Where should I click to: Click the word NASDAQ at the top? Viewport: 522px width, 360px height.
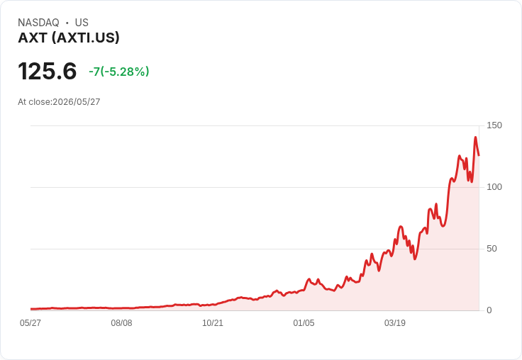pyautogui.click(x=38, y=23)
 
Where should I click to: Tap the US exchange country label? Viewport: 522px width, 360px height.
pyautogui.click(x=82, y=23)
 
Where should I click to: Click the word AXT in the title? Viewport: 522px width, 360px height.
pyautogui.click(x=33, y=38)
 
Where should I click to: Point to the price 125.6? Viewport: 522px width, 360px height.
pyautogui.click(x=48, y=71)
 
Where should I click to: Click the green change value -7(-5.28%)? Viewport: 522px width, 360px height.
pyautogui.click(x=119, y=72)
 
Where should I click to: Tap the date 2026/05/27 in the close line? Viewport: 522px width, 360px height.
pyautogui.click(x=76, y=102)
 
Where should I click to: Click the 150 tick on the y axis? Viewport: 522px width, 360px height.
pyautogui.click(x=494, y=125)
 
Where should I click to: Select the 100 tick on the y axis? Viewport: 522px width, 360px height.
pyautogui.click(x=494, y=187)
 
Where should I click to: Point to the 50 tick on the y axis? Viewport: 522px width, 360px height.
pyautogui.click(x=492, y=249)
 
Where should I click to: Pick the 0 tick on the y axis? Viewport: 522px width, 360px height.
pyautogui.click(x=489, y=310)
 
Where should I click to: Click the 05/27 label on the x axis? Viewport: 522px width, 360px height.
pyautogui.click(x=30, y=323)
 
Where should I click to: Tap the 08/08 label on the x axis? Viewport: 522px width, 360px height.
pyautogui.click(x=121, y=323)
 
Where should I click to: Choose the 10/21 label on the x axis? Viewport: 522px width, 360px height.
pyautogui.click(x=213, y=323)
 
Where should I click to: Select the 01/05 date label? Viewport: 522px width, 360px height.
pyautogui.click(x=304, y=323)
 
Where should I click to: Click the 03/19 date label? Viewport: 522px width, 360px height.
pyautogui.click(x=395, y=323)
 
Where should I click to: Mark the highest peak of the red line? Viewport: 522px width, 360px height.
pyautogui.click(x=475, y=137)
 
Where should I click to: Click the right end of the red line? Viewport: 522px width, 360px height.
pyautogui.click(x=479, y=155)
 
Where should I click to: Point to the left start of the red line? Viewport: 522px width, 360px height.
pyautogui.click(x=31, y=309)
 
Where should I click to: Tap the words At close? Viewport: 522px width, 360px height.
pyautogui.click(x=34, y=102)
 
